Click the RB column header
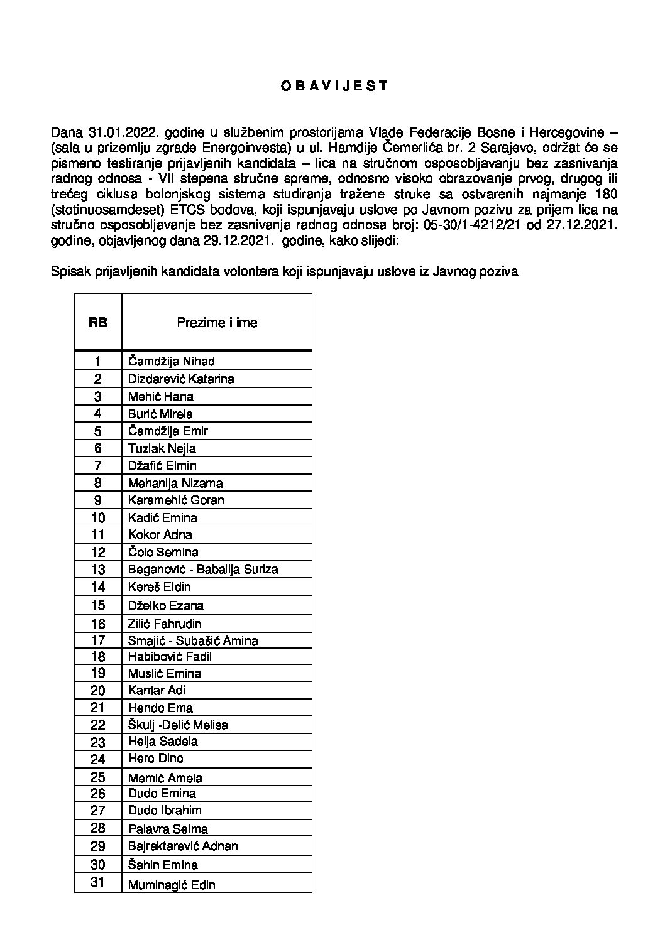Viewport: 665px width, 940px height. pos(98,323)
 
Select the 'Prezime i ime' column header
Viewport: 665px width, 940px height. pos(217,323)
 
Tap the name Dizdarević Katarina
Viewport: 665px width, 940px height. pos(181,379)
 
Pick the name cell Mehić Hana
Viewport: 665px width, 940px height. pos(160,396)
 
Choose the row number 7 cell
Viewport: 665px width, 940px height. pos(98,466)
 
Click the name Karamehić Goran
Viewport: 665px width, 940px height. pos(176,500)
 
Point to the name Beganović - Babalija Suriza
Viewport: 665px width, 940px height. pos(203,570)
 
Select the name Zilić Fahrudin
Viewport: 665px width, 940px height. pos(165,624)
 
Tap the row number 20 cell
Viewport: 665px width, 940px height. pos(98,690)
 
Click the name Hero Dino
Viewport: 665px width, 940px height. pos(156,759)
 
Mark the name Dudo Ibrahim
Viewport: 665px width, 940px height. pos(165,811)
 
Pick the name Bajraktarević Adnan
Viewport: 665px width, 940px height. pos(183,846)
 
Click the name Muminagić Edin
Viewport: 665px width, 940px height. pos(172,885)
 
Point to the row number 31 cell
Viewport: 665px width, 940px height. pos(98,882)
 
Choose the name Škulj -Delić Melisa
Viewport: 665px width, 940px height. pos(178,725)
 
